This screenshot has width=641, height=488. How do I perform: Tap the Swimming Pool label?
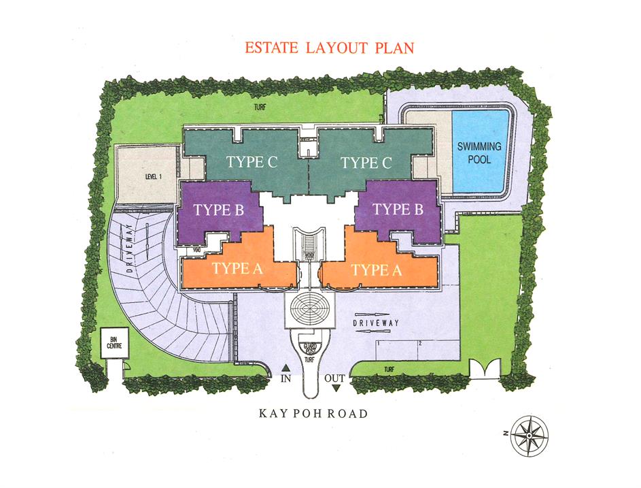(479, 153)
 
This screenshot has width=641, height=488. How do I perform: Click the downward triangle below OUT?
(336, 388)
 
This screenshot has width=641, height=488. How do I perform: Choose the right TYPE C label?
(367, 163)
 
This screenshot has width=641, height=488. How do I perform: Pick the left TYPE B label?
(218, 210)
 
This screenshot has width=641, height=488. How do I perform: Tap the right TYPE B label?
(399, 210)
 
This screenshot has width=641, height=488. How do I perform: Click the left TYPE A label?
(237, 268)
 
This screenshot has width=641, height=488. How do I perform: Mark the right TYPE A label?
(377, 270)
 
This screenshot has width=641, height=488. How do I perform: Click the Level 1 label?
(153, 176)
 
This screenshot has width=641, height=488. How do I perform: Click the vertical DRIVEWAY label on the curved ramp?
(128, 247)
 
